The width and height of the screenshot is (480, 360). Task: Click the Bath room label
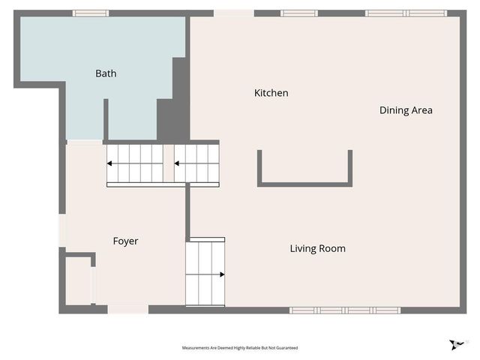(106, 73)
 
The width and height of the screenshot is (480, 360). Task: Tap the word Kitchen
(271, 93)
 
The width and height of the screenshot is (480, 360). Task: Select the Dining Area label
(406, 110)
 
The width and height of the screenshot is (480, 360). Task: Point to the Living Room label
(317, 248)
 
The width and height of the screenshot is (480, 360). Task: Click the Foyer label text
(125, 241)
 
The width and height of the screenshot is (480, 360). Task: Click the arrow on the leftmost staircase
(112, 163)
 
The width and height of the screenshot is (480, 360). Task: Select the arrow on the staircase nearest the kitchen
(179, 163)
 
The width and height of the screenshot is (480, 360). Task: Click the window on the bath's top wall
(91, 13)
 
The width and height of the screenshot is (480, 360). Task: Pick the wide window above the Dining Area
(406, 13)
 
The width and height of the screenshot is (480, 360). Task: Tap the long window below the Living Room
(345, 310)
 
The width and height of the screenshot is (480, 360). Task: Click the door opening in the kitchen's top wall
(233, 13)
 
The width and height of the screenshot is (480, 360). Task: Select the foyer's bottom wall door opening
(128, 309)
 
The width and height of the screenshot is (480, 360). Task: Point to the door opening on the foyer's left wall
(62, 229)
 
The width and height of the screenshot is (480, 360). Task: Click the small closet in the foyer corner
(78, 281)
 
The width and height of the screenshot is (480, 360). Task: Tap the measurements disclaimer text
(239, 348)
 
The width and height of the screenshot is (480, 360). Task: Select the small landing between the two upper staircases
(169, 163)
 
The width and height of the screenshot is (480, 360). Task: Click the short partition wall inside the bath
(106, 118)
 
